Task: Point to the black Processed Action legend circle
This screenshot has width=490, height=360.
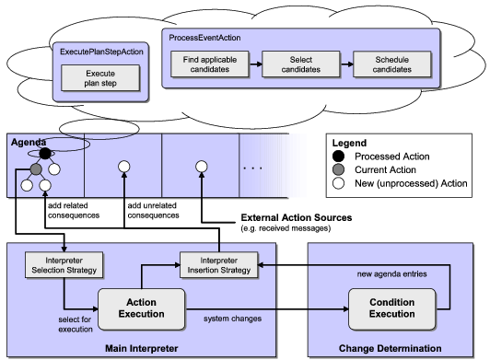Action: tap(340, 157)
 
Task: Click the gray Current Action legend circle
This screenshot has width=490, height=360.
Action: tap(340, 170)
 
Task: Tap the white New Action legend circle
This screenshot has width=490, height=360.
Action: tap(340, 183)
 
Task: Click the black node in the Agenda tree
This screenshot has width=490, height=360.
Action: tap(44, 154)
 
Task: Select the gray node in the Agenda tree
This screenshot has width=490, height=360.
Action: tap(35, 169)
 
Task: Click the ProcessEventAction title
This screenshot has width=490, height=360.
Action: tap(204, 37)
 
